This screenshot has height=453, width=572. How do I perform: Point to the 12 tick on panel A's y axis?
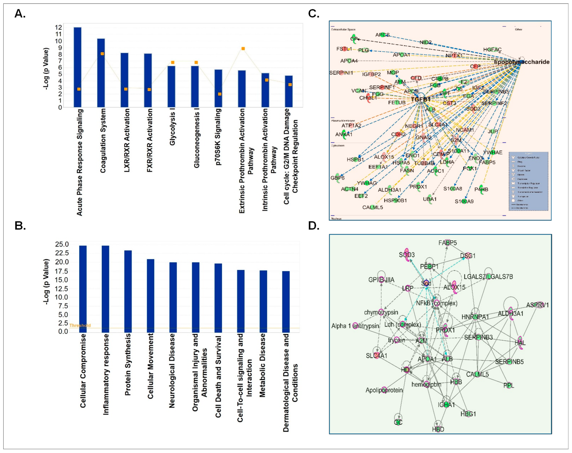point(58,27)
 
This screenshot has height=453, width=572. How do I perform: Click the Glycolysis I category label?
point(172,129)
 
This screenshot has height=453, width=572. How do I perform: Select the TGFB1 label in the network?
point(420,99)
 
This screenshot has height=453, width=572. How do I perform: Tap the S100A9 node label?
point(464,201)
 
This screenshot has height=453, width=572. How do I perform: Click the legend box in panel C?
point(528,181)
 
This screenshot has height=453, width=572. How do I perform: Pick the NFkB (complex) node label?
point(436,303)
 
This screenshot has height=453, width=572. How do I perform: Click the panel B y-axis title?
point(46,282)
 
